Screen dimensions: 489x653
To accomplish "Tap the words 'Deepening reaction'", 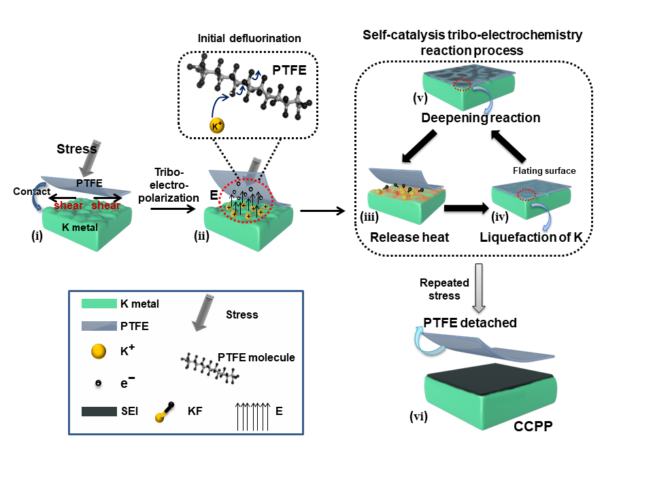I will click(x=480, y=117).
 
